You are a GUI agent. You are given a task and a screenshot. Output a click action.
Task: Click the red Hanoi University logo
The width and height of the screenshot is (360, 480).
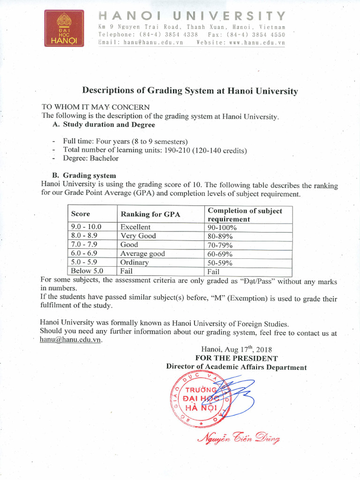(x=64, y=29)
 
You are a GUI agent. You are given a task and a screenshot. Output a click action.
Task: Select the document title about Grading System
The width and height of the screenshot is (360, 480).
(x=190, y=91)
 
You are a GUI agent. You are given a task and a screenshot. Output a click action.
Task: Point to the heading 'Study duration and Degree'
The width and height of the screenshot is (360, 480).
(x=109, y=125)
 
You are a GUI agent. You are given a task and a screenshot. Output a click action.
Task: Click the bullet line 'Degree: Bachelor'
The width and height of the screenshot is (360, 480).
(x=91, y=158)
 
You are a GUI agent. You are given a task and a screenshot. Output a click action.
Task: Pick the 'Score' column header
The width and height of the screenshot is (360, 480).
(x=81, y=214)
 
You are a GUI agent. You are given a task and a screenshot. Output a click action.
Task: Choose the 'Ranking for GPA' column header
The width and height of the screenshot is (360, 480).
(x=150, y=214)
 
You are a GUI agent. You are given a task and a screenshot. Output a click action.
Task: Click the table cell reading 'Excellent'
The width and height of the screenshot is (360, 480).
(x=135, y=227)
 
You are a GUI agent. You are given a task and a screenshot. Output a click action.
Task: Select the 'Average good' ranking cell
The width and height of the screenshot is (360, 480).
(x=142, y=254)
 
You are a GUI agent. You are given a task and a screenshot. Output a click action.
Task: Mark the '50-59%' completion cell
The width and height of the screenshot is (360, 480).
(x=220, y=262)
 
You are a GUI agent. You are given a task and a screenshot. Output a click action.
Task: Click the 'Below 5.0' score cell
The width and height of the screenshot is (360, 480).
(x=87, y=271)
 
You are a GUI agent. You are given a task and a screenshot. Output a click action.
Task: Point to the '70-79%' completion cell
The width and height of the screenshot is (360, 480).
(x=220, y=245)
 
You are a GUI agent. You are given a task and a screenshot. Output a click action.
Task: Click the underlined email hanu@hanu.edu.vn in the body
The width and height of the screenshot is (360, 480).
(x=71, y=340)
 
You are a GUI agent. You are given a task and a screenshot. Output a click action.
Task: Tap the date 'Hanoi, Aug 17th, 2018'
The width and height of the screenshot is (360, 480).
(x=236, y=349)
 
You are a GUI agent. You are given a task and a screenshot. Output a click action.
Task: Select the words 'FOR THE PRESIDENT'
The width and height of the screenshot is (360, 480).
(x=236, y=358)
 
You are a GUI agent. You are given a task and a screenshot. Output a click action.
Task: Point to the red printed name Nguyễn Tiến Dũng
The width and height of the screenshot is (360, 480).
(x=239, y=439)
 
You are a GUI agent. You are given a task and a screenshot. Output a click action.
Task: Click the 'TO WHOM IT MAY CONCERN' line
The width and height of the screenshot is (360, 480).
(x=96, y=107)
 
